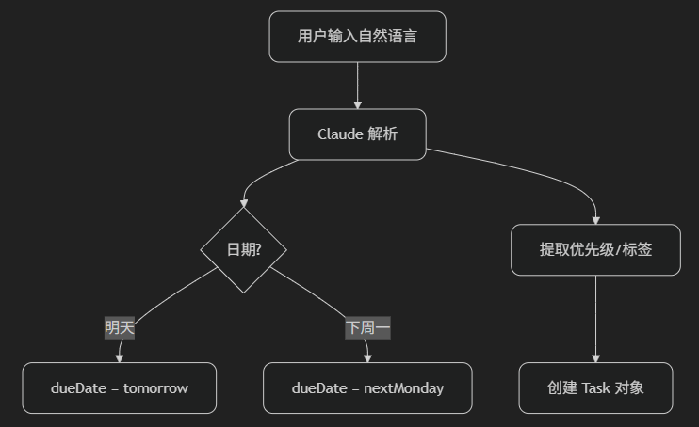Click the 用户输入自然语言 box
tap(357, 37)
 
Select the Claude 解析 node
tap(357, 134)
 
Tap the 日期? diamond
tap(243, 249)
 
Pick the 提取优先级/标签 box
tap(595, 249)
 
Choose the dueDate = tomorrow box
tap(120, 387)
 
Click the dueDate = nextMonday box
tap(367, 387)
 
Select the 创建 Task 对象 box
tap(595, 387)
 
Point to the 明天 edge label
tap(120, 327)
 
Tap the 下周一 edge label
tap(367, 327)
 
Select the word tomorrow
tap(155, 387)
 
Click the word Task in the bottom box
tap(596, 387)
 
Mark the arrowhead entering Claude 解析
tap(358, 104)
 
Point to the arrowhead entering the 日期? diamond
tap(244, 202)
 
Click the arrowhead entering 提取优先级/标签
tap(595, 220)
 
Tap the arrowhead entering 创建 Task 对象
tap(595, 358)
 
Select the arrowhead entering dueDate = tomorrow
tap(120, 358)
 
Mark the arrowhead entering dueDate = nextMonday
tap(367, 358)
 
